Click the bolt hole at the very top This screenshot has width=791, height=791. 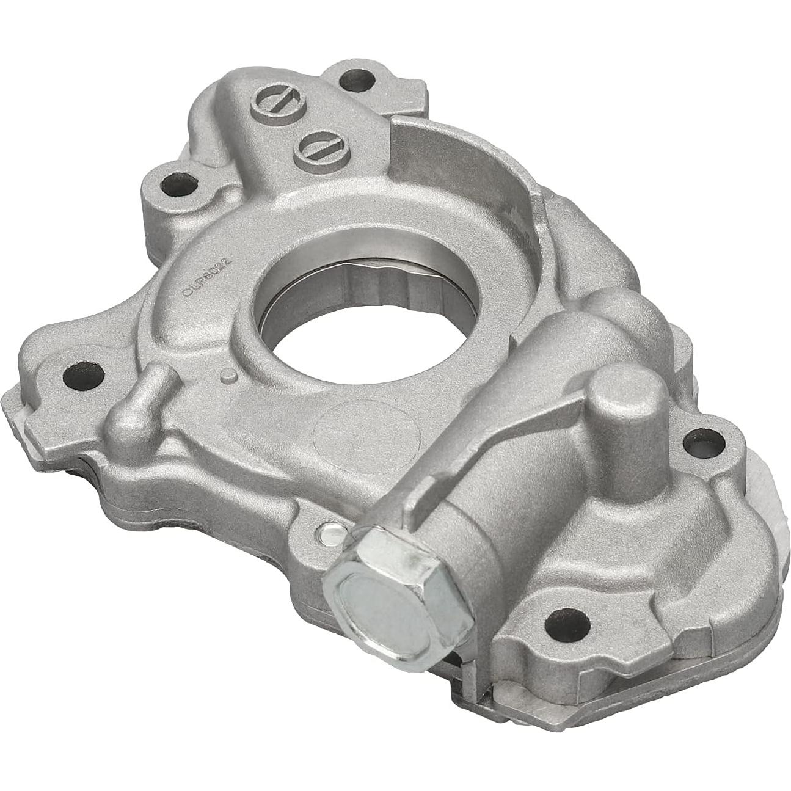click(352, 80)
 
